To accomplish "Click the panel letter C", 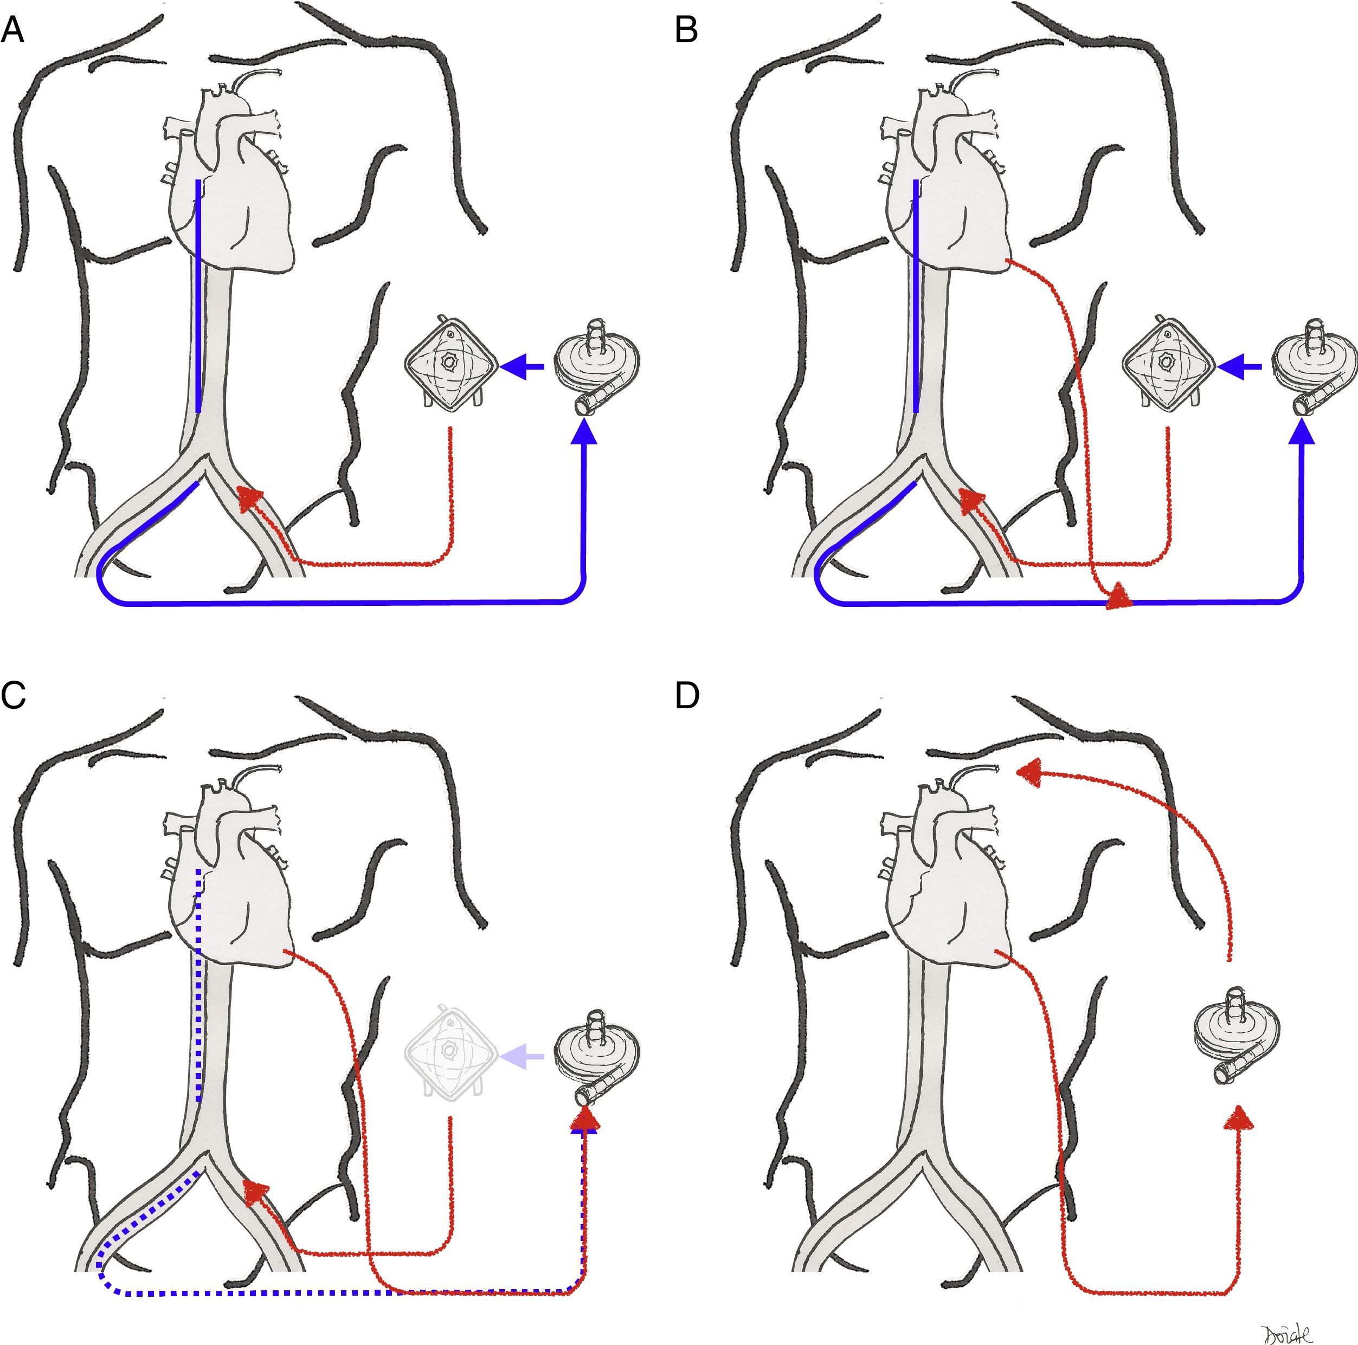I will [x=14, y=696].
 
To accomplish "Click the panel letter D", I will [x=687, y=696].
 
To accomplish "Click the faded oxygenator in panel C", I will [x=450, y=1053].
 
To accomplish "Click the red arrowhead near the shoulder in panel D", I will [x=1031, y=772].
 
